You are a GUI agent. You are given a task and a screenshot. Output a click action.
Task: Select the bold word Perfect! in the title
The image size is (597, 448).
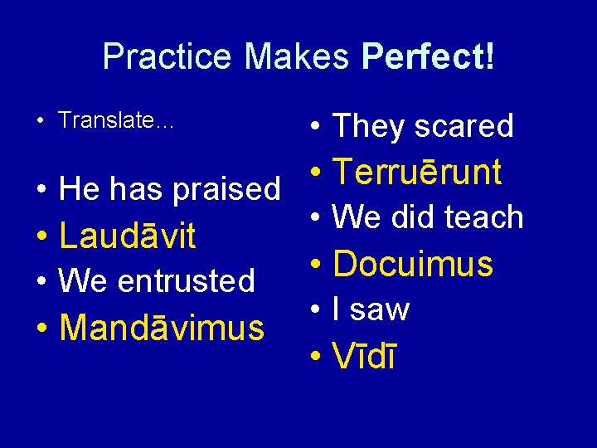pos(429,56)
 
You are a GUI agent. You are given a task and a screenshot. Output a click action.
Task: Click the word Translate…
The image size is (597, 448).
pos(116,120)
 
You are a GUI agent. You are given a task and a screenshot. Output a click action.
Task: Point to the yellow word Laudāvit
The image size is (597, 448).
pos(128,236)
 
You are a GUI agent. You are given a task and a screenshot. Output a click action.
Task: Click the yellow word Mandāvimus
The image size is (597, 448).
pos(162,328)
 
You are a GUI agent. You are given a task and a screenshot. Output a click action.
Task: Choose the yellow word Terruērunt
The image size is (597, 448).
pos(417,173)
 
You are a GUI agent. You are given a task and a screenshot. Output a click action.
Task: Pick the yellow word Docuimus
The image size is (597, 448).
pos(413,265)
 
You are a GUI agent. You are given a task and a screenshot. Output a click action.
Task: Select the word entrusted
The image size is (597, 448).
pos(187,281)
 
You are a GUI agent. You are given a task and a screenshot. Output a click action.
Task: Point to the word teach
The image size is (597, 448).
pos(484,217)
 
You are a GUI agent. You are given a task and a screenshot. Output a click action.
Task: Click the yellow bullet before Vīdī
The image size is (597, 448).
pos(315,358)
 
